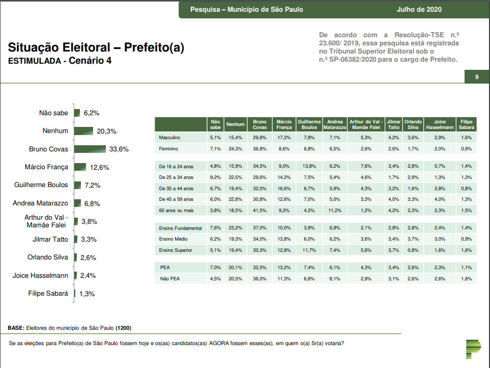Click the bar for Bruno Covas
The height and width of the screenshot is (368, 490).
(x=90, y=149)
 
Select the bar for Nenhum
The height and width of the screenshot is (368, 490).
(x=84, y=131)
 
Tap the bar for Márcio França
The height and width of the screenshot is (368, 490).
(x=80, y=167)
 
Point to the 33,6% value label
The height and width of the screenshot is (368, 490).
(x=119, y=149)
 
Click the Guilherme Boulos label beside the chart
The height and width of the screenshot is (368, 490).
(x=41, y=185)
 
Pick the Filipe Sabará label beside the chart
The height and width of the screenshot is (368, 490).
(x=48, y=294)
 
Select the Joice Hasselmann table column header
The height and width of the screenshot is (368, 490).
(x=440, y=124)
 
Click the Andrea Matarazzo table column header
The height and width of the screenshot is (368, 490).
(x=335, y=124)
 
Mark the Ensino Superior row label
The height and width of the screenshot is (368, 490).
(x=177, y=250)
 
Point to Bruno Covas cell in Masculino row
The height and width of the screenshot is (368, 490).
(x=260, y=138)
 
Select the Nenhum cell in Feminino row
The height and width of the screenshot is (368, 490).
(x=235, y=149)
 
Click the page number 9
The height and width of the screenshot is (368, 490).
(x=477, y=77)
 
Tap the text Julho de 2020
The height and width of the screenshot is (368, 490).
(x=419, y=9)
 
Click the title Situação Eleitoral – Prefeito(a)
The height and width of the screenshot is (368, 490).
(x=96, y=48)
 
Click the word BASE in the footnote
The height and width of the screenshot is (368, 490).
(x=16, y=328)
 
